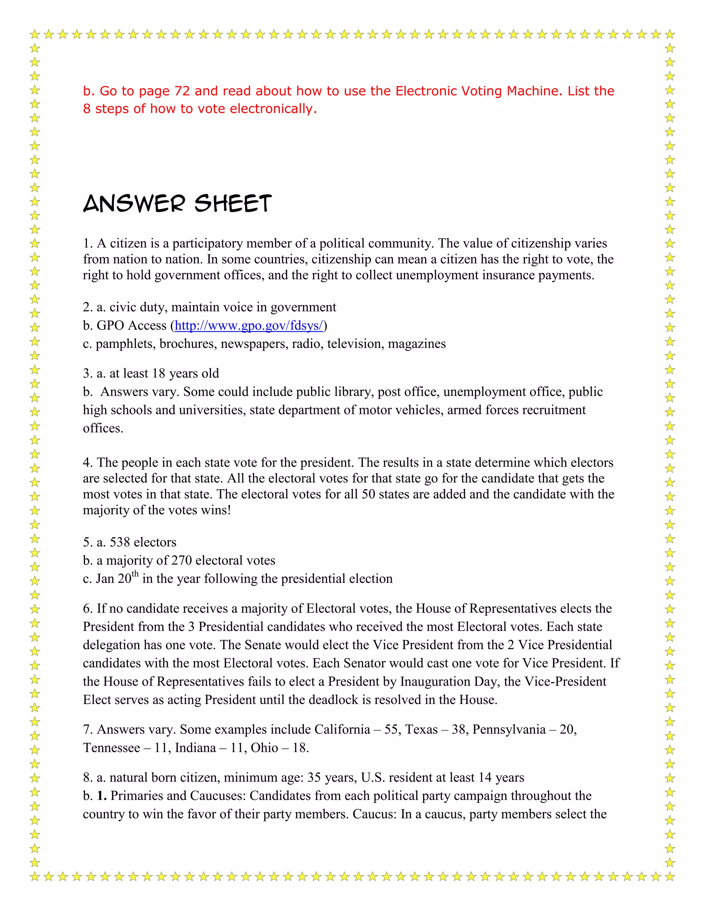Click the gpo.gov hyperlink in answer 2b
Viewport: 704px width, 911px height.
(249, 325)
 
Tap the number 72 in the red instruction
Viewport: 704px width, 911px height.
(182, 91)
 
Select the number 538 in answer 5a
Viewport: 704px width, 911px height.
(120, 542)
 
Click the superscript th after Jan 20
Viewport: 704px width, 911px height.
(135, 574)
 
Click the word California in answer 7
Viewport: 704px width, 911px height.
(342, 729)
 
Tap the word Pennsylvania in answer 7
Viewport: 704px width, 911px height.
(509, 729)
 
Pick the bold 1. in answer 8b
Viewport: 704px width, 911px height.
(102, 796)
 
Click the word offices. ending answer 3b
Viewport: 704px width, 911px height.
(103, 428)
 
